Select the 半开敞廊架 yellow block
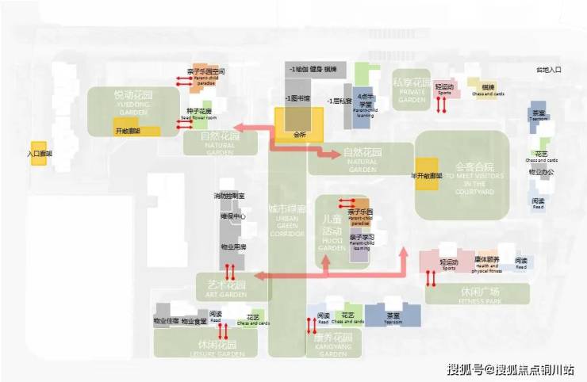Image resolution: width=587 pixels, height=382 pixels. [x=426, y=175]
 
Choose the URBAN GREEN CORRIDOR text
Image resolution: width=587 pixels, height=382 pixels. [x=286, y=223]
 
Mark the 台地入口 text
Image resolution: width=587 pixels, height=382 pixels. [x=548, y=71]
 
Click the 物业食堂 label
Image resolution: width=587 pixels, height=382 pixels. [x=194, y=321]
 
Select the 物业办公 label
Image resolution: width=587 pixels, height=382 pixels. [x=542, y=172]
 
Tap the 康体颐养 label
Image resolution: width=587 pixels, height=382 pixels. [x=487, y=260]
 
